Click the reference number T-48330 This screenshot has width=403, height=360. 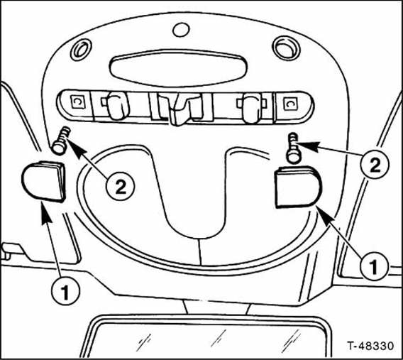370,346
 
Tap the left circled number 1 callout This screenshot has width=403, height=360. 66,290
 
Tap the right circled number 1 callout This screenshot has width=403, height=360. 374,266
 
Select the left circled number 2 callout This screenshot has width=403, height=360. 121,186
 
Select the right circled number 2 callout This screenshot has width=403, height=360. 375,165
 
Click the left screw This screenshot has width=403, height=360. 61,141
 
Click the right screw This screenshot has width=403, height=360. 294,148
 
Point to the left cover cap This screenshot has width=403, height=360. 44,181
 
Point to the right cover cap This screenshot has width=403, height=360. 298,187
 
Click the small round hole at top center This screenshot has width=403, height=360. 181,30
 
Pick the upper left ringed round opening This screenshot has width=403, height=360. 81,50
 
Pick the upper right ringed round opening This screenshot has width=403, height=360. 287,48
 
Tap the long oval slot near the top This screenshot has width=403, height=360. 178,68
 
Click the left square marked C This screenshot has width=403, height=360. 77,102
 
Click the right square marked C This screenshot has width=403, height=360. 290,104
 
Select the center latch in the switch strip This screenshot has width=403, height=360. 180,109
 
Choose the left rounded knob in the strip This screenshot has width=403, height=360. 117,106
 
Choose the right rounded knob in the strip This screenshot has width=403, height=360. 250,107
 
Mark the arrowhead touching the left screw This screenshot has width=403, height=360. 75,148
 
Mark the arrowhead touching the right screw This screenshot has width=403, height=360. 309,146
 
